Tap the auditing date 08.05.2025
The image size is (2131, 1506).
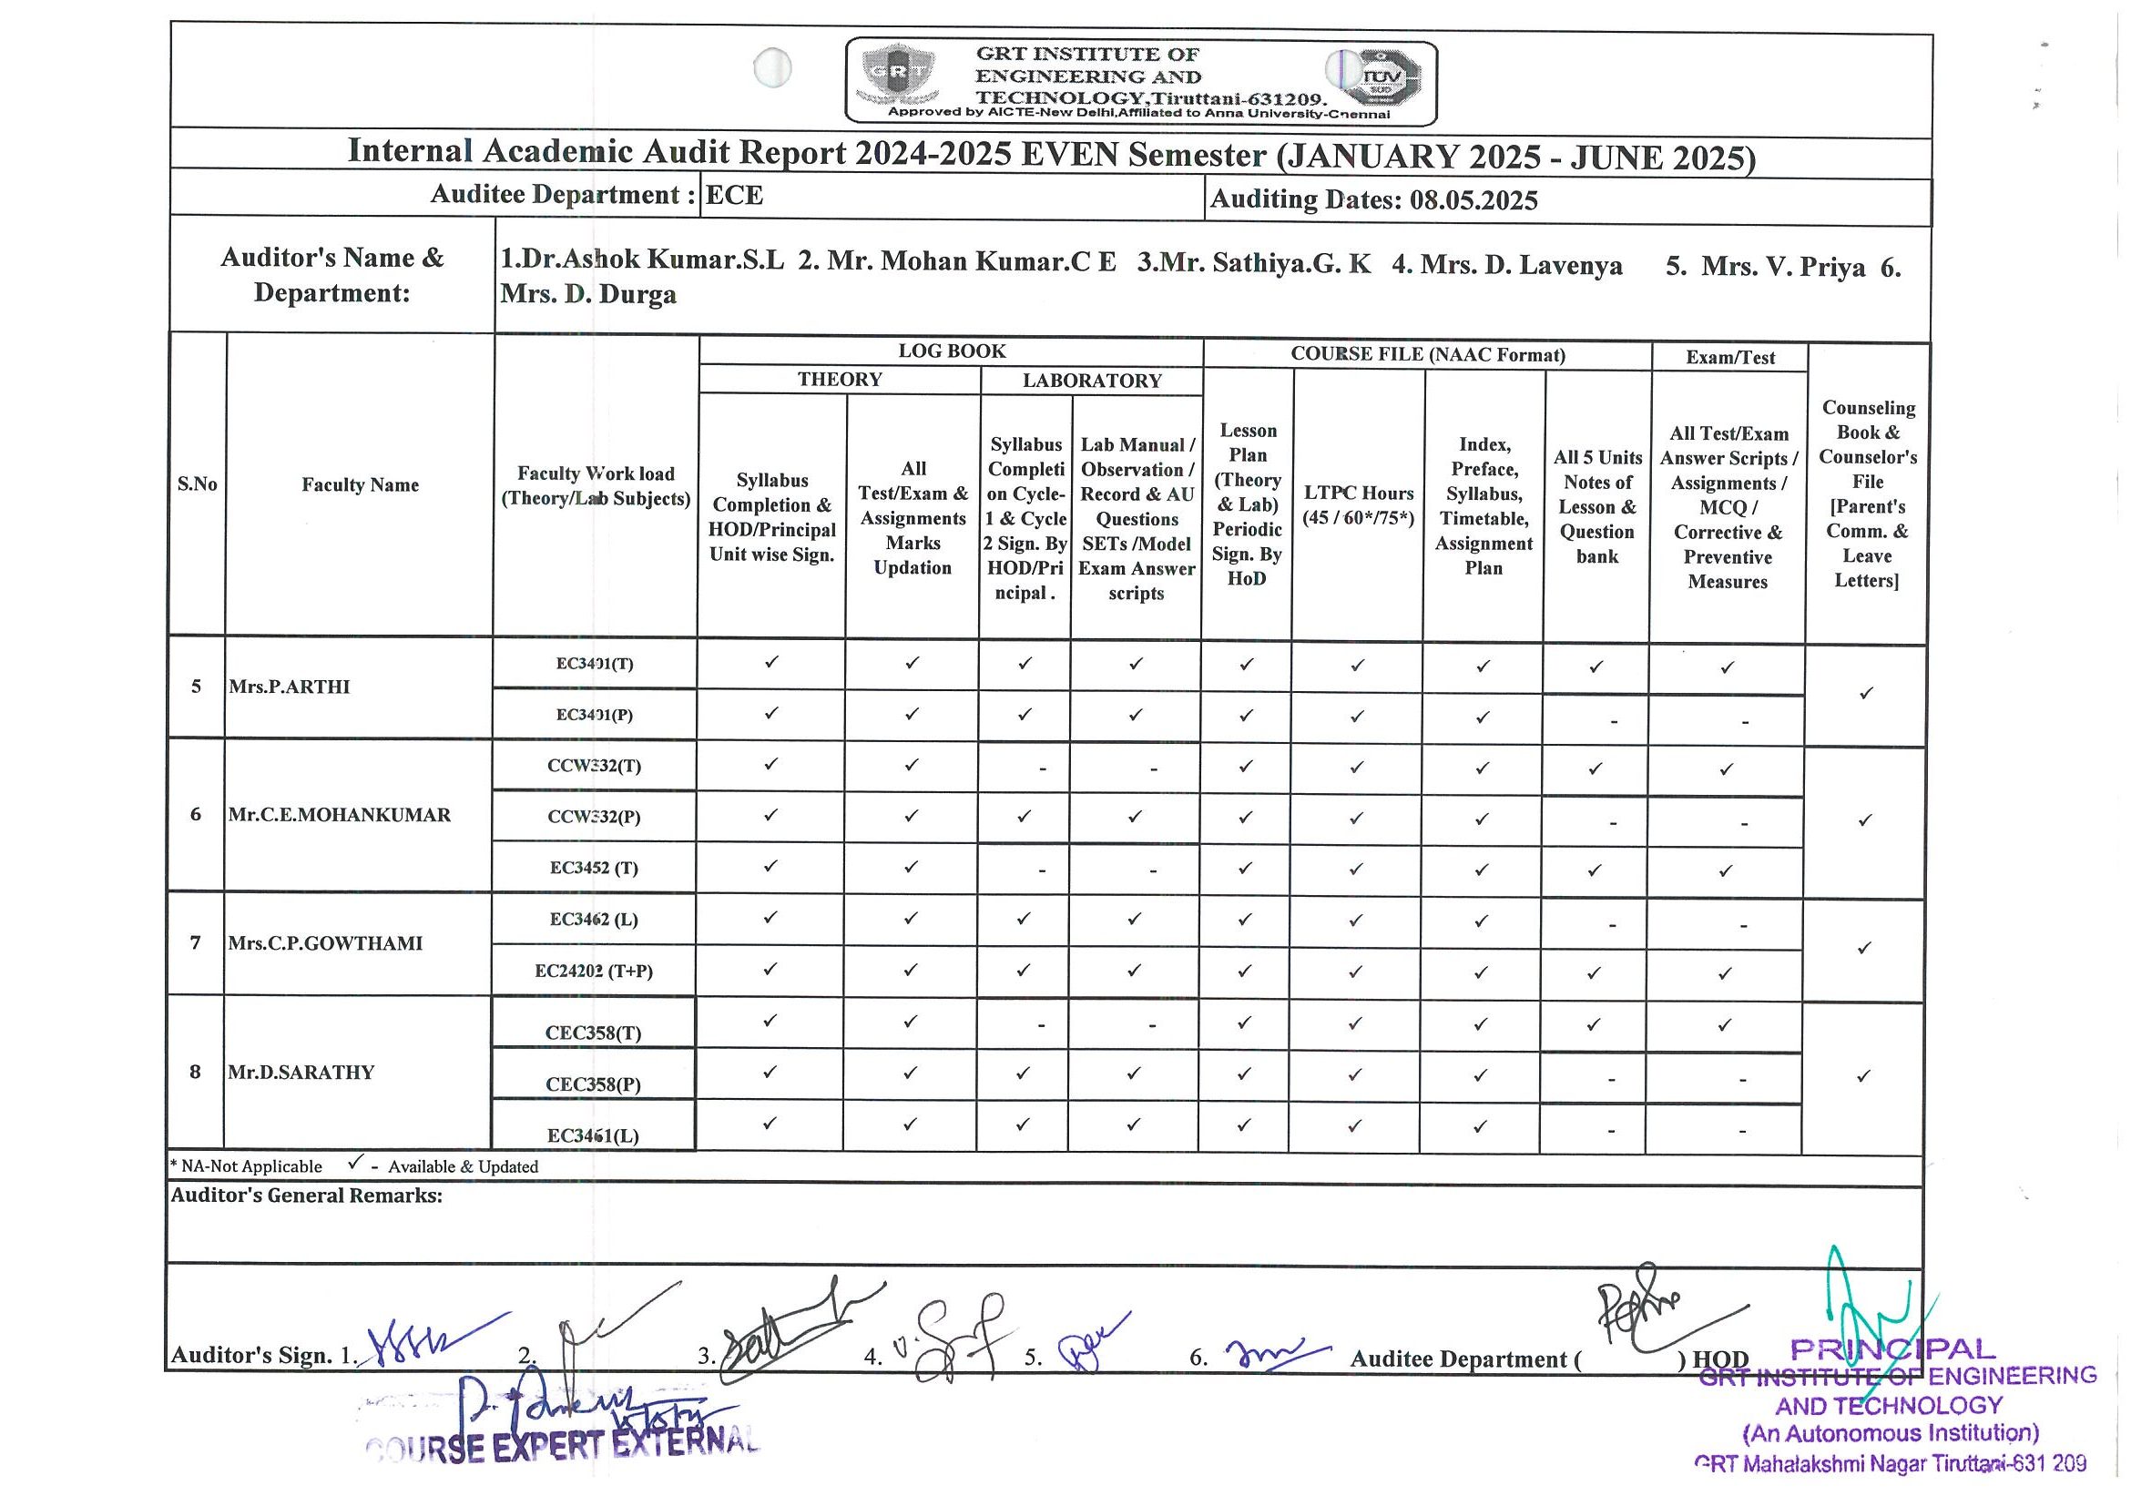pyautogui.click(x=1473, y=200)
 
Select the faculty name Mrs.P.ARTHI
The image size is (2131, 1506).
pyautogui.click(x=289, y=687)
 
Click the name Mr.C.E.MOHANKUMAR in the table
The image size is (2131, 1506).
pyautogui.click(x=339, y=816)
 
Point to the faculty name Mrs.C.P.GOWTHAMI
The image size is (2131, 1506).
pyautogui.click(x=325, y=943)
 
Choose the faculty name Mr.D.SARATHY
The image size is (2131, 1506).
pyautogui.click(x=301, y=1073)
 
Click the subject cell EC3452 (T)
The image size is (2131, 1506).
pyautogui.click(x=594, y=869)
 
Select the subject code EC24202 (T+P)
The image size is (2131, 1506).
pyautogui.click(x=594, y=972)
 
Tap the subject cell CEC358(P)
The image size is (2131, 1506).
pyautogui.click(x=593, y=1084)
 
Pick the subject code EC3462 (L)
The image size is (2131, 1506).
pyautogui.click(x=594, y=920)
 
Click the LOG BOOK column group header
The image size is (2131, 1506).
pyautogui.click(x=952, y=351)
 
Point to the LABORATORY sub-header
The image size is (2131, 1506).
pyautogui.click(x=1092, y=381)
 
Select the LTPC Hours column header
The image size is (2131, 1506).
pyautogui.click(x=1358, y=505)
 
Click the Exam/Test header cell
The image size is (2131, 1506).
pyautogui.click(x=1730, y=358)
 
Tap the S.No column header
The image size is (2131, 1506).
pyautogui.click(x=197, y=484)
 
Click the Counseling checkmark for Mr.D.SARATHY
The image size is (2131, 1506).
pyautogui.click(x=1862, y=1076)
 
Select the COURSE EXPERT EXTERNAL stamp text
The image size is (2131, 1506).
pyautogui.click(x=562, y=1446)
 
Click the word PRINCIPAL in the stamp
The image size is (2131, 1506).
pyautogui.click(x=1892, y=1349)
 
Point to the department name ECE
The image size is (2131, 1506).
pyautogui.click(x=734, y=196)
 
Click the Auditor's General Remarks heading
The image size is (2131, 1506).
pyautogui.click(x=306, y=1196)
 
